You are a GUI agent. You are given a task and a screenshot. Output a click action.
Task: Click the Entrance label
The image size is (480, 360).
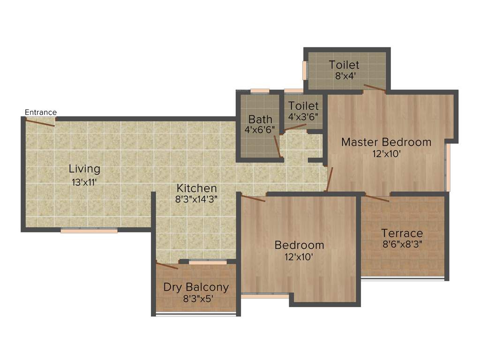pos(41,112)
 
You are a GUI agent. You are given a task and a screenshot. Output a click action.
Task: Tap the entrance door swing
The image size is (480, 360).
pos(40,123)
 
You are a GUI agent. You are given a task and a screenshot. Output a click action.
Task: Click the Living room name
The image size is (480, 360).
pos(84,169)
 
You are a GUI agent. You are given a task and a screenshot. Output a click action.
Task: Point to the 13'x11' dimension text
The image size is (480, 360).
pos(84,182)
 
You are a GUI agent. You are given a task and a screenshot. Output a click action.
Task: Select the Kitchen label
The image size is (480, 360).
pos(196,188)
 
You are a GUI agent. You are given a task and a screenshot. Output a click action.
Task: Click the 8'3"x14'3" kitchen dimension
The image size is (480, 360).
pos(196,199)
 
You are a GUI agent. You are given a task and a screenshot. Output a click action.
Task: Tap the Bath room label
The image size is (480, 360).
pos(260,119)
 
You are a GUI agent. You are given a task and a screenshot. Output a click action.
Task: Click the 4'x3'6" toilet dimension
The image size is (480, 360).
pos(303,116)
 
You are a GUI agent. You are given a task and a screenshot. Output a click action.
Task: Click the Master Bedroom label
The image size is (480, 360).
pos(386,142)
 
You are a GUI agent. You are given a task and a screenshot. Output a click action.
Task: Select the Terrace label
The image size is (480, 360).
pos(402,233)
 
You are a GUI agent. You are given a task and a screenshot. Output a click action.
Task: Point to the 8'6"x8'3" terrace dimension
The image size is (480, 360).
pos(402,244)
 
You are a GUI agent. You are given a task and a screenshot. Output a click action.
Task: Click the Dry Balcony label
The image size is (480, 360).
pos(196,287)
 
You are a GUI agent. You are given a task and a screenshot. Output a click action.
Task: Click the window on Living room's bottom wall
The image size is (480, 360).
pos(89,230)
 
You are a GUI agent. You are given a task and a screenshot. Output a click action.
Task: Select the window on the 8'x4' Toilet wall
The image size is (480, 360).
pos(305,70)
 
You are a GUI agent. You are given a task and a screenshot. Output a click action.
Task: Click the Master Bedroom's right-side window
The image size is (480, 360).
pos(448,167)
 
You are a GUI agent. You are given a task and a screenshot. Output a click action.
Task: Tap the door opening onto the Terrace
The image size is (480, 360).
pos(377,198)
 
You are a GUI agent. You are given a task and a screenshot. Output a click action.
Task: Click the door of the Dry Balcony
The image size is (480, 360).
pos(167,266)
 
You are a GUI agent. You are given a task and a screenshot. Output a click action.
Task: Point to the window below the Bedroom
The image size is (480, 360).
pos(264,296)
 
